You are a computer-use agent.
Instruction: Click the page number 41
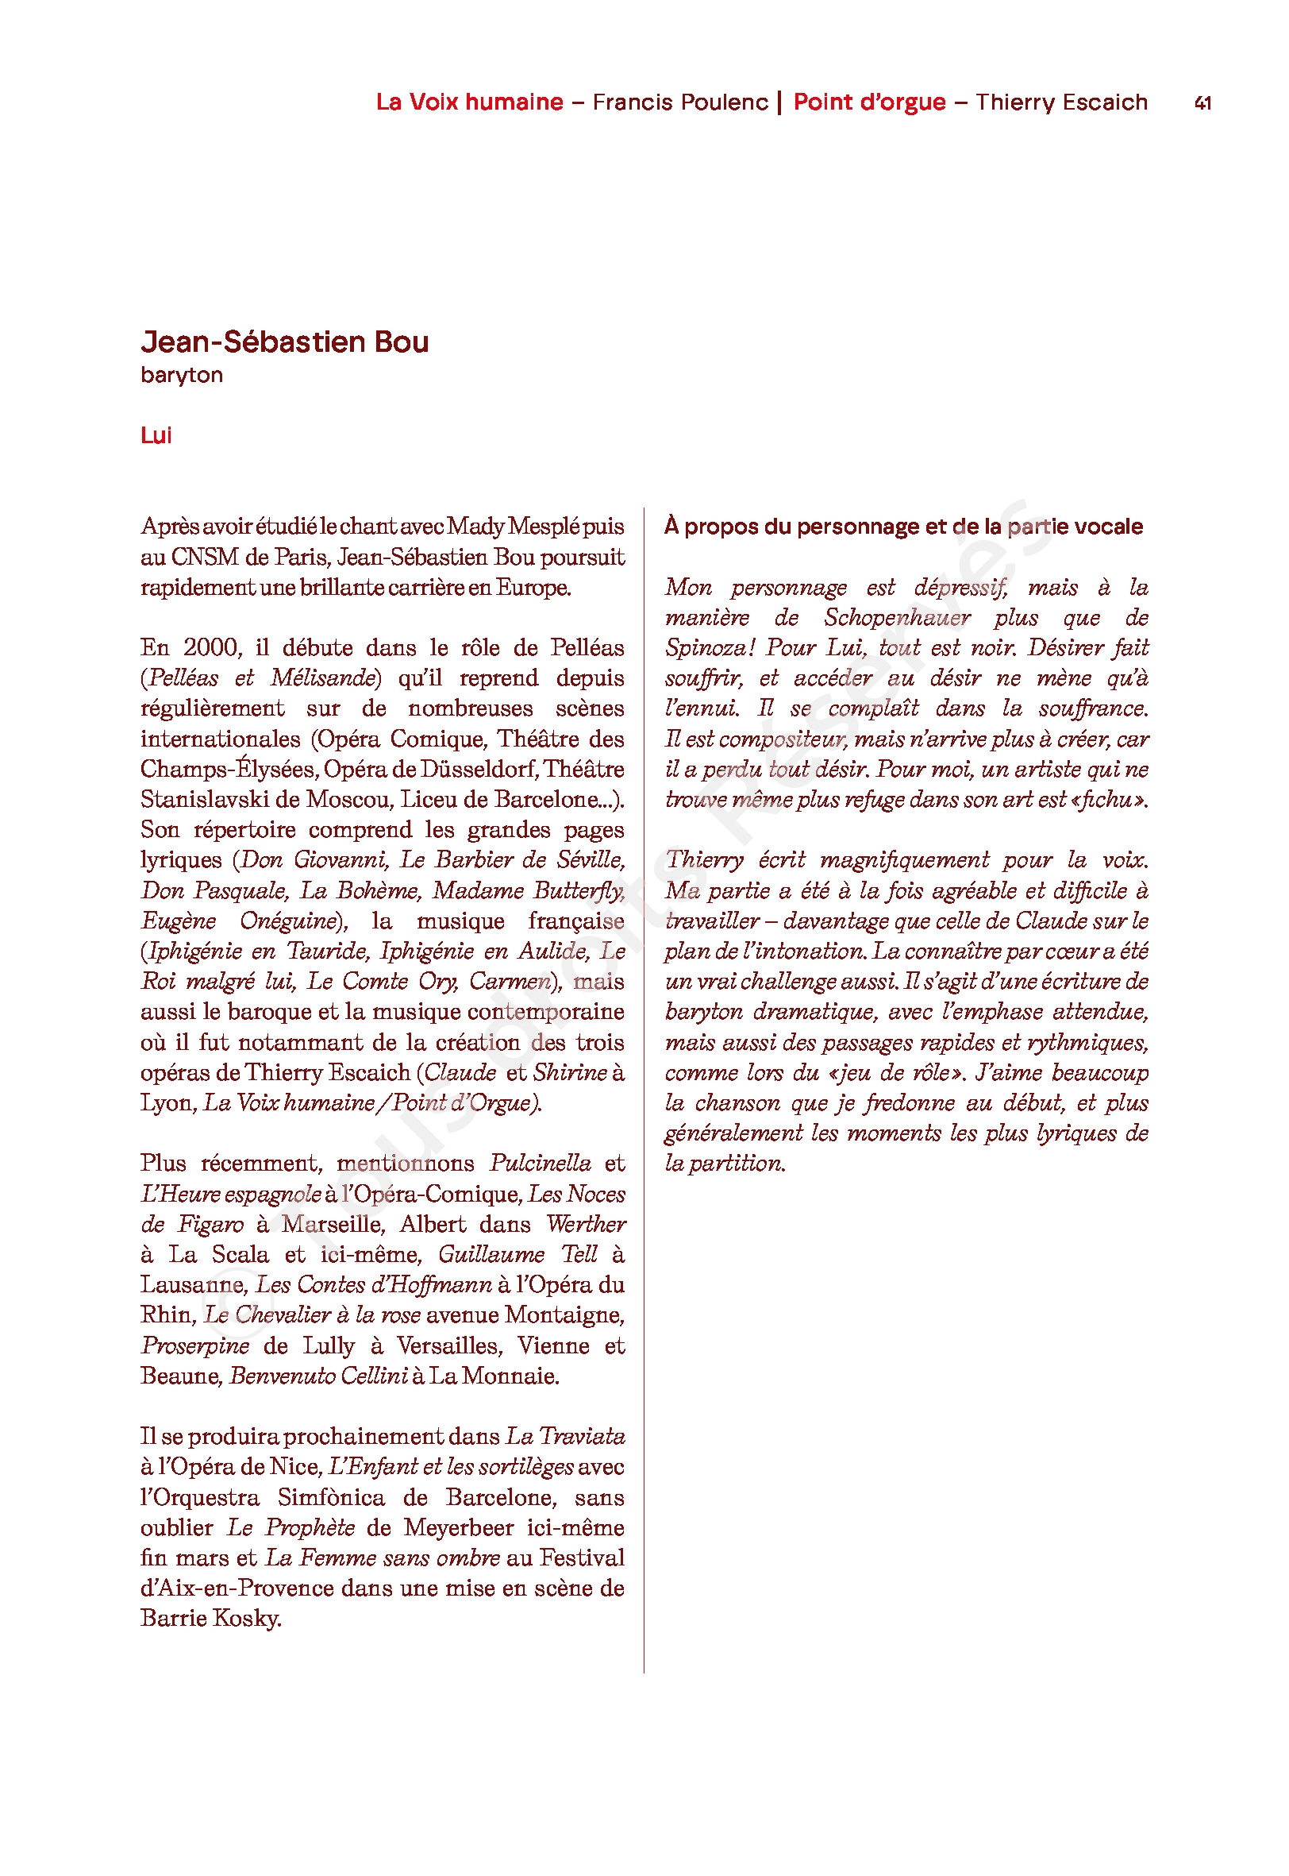[x=1202, y=103]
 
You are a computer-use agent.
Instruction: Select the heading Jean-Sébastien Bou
[x=284, y=342]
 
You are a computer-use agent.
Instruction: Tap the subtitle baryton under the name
[x=182, y=375]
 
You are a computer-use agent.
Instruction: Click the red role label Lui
[x=156, y=435]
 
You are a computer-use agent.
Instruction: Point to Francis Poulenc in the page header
[x=680, y=102]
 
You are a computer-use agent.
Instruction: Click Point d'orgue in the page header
[x=869, y=102]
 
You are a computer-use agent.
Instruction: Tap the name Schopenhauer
[x=896, y=618]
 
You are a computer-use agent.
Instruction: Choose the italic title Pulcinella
[x=540, y=1164]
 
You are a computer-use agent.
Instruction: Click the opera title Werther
[x=586, y=1224]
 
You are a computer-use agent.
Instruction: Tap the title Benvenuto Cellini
[x=318, y=1376]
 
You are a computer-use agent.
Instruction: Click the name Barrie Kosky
[x=211, y=1619]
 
